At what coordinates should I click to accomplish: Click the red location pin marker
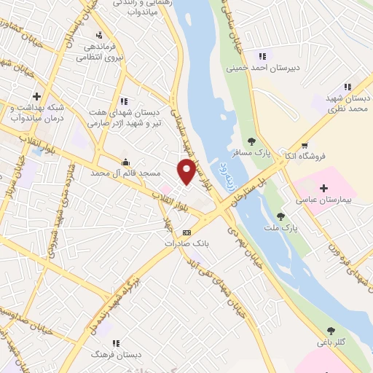pyautogui.click(x=186, y=171)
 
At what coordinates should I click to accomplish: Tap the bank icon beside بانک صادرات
pyautogui.click(x=186, y=232)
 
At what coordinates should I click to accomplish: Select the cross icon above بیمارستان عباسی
pyautogui.click(x=325, y=187)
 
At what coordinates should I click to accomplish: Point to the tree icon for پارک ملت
pyautogui.click(x=280, y=216)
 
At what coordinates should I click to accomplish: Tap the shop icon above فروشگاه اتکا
pyautogui.click(x=304, y=144)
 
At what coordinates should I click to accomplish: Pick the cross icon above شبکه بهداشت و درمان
pyautogui.click(x=36, y=96)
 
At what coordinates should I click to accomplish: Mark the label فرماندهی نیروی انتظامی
pyautogui.click(x=102, y=51)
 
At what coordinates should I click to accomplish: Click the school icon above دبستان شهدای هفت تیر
pyautogui.click(x=124, y=101)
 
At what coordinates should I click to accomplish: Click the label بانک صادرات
pyautogui.click(x=206, y=244)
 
